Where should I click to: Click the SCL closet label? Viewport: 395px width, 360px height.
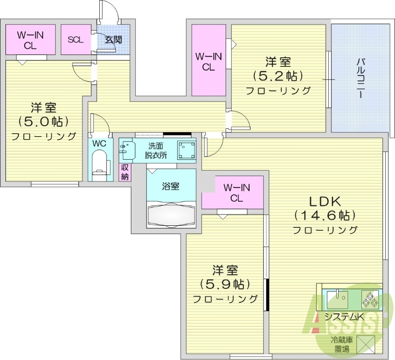76,40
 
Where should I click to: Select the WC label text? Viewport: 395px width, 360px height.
99,144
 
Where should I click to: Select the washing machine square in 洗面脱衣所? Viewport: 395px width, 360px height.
186,150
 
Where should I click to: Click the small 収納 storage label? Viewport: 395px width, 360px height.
125,172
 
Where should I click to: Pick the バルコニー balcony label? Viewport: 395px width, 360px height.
360,78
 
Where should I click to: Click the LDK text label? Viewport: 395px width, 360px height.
325,201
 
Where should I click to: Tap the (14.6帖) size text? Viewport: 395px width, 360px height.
325,216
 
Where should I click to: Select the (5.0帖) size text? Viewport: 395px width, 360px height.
43,121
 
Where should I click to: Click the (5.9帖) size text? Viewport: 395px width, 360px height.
225,285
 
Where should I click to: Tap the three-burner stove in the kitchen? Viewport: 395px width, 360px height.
370,298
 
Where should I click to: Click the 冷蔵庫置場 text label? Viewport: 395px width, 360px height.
340,345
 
